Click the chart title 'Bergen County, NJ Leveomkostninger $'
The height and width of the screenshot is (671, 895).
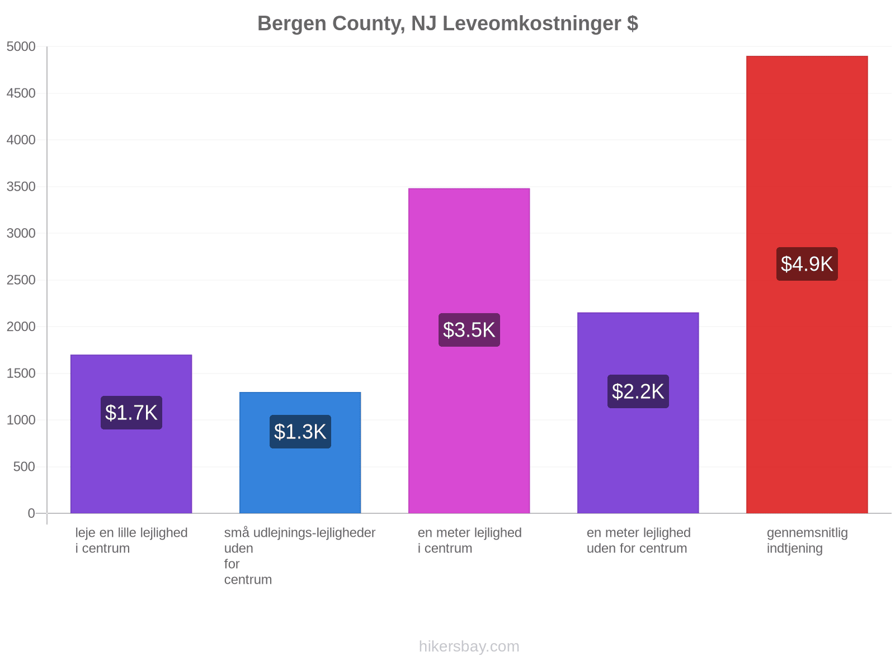coord(447,23)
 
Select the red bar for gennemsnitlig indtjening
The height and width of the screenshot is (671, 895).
coord(807,285)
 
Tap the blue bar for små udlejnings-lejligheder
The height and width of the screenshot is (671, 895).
coord(300,452)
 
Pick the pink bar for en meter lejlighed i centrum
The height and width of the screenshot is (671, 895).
coord(469,351)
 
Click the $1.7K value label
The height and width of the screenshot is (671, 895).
coord(131,412)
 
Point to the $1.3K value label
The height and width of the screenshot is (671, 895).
coord(300,432)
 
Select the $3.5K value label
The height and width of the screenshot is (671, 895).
coord(469,329)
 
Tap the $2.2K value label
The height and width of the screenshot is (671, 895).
coord(638,391)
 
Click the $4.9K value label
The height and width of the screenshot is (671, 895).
coord(807,263)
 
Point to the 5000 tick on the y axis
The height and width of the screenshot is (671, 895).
coord(21,46)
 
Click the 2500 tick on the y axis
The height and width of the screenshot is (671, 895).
coord(21,280)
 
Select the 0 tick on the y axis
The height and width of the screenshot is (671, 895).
coord(31,513)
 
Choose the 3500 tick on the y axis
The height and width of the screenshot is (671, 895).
coord(21,187)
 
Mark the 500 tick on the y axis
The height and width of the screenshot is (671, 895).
coord(24,466)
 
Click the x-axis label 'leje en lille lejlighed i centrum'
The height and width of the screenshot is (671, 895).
coord(131,540)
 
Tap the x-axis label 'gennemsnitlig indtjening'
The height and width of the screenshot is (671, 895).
coord(807,540)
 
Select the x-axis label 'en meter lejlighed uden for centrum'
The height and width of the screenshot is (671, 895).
coord(639,540)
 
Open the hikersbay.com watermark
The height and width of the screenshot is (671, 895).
coord(469,646)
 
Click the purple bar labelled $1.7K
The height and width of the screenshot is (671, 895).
coord(131,434)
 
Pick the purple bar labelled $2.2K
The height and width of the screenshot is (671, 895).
coord(638,413)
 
